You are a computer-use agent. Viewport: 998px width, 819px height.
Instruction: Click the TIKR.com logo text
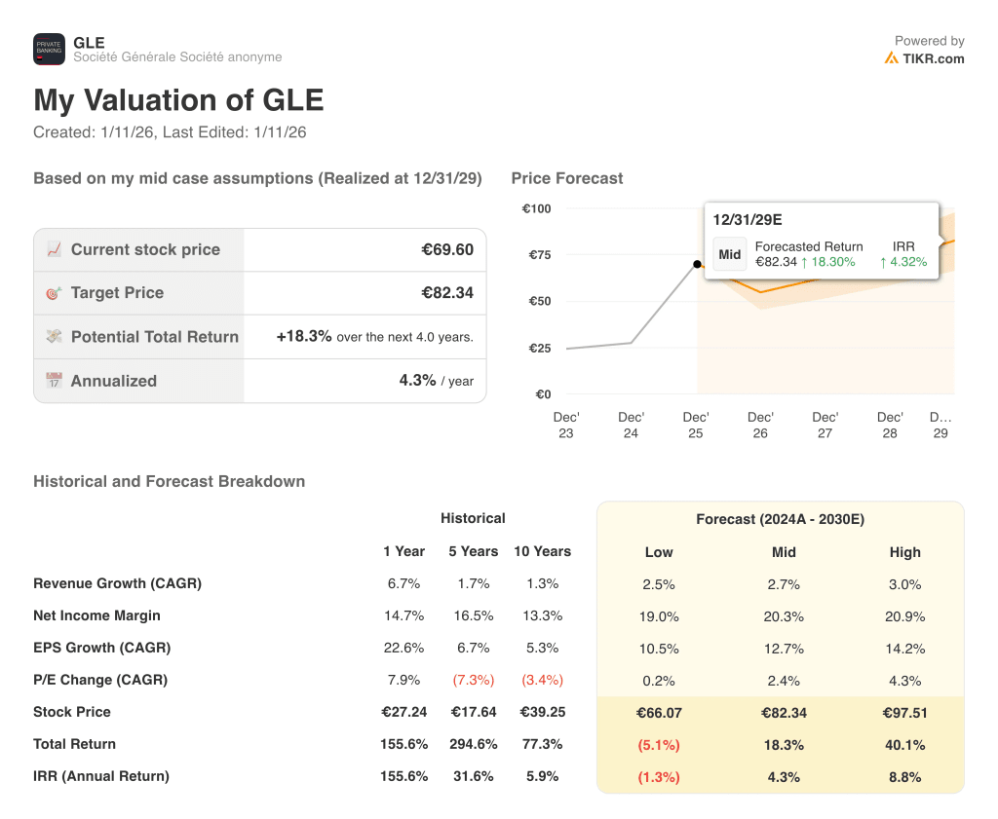pos(933,58)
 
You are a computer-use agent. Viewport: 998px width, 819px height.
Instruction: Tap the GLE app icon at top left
pos(49,49)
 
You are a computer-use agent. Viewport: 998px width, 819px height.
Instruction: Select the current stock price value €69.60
pos(447,249)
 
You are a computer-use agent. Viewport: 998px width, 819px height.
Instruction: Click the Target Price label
pos(117,292)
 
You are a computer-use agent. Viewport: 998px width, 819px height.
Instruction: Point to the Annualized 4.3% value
pos(417,381)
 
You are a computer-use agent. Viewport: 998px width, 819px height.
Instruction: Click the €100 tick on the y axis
pos(536,208)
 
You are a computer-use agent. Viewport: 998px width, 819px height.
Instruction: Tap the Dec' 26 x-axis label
pos(760,425)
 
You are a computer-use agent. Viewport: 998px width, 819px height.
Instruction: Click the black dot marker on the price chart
pos(697,264)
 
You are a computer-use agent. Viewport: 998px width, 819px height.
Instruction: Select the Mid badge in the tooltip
pos(730,254)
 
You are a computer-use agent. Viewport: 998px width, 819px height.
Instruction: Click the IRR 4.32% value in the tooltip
pos(903,262)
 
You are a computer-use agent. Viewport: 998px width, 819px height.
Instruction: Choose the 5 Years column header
pos(473,551)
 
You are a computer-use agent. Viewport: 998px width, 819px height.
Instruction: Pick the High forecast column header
pos(904,552)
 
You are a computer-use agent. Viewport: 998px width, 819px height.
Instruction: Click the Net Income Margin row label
pos(96,615)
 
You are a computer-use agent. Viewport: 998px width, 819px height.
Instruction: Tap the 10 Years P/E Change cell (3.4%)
pos(542,680)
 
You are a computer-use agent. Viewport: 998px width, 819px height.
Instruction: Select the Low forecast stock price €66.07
pos(659,713)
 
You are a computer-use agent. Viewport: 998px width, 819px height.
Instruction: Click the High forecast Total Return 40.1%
pos(904,745)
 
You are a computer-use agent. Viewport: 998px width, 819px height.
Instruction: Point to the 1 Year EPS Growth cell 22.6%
pos(403,648)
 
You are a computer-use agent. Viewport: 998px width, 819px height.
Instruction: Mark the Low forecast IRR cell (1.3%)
pos(659,777)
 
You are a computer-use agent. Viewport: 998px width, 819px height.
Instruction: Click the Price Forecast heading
pos(566,178)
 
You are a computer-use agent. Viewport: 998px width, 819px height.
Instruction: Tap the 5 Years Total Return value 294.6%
pos(473,744)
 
